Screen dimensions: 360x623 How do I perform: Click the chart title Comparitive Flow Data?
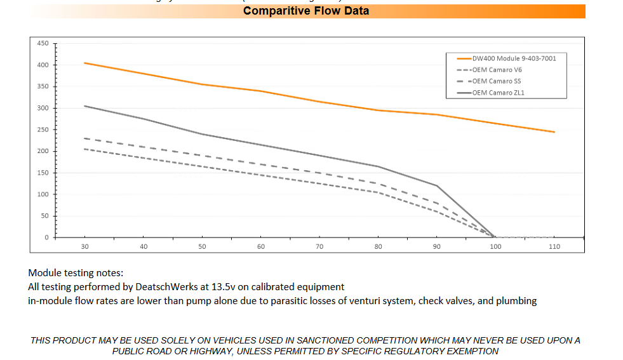tap(305, 11)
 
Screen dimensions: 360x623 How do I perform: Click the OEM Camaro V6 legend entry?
tap(497, 70)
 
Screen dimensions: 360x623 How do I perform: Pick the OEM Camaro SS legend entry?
tap(496, 81)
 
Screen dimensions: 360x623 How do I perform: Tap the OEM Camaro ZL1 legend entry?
tap(497, 93)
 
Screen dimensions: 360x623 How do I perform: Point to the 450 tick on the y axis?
tap(43, 43)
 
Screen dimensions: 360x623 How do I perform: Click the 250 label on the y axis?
tap(43, 130)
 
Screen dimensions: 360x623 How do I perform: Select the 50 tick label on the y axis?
tap(45, 216)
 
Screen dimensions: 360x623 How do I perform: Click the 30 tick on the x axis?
tap(85, 246)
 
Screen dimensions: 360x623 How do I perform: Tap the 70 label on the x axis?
tap(319, 246)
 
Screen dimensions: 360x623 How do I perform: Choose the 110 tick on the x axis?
tap(554, 246)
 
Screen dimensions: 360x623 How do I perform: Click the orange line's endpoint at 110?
tap(554, 132)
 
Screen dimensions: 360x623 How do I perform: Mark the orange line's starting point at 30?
tap(85, 63)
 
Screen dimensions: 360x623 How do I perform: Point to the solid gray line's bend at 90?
tap(437, 185)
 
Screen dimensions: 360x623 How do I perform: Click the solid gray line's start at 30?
tap(85, 106)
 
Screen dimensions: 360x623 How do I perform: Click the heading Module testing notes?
tap(76, 273)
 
